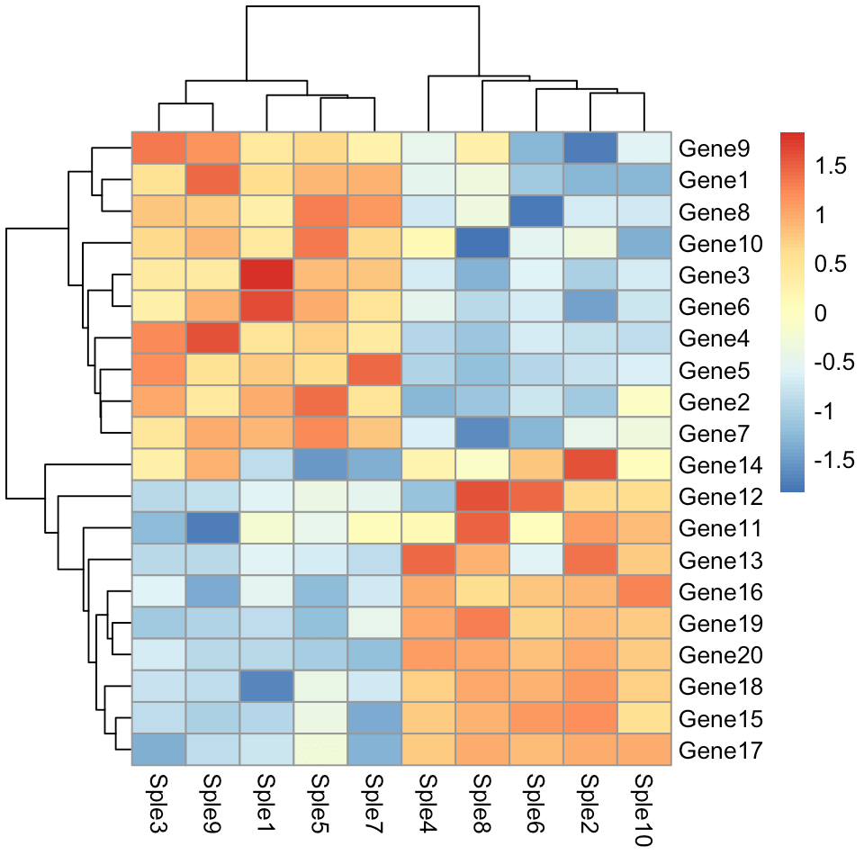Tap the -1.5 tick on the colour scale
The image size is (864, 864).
836,461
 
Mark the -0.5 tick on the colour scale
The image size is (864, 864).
836,363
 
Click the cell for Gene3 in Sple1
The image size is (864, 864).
266,275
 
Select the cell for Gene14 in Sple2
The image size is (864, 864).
590,465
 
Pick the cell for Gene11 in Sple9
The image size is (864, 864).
212,528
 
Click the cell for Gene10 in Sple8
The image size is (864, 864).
482,244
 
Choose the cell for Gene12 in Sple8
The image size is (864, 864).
482,497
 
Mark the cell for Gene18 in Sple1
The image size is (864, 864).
266,687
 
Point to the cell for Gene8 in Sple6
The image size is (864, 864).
536,212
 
